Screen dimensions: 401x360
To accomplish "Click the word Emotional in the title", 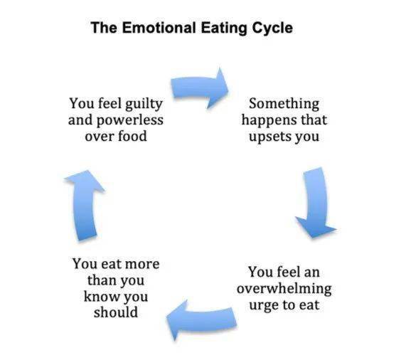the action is pos(159,28).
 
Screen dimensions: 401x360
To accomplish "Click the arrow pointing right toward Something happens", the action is pos(200,88).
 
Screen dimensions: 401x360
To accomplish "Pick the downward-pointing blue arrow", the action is pos(316,202).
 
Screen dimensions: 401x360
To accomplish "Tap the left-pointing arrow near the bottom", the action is pos(201,320).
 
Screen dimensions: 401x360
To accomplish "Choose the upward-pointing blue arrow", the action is pos(85,205).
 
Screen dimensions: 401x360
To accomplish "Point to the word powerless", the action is pos(129,120).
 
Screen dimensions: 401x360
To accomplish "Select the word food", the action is pos(132,136).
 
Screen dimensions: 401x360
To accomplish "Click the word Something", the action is pos(284,105).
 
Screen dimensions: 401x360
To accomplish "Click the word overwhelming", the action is pos(284,290).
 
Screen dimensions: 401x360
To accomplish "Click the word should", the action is pos(116,312).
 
